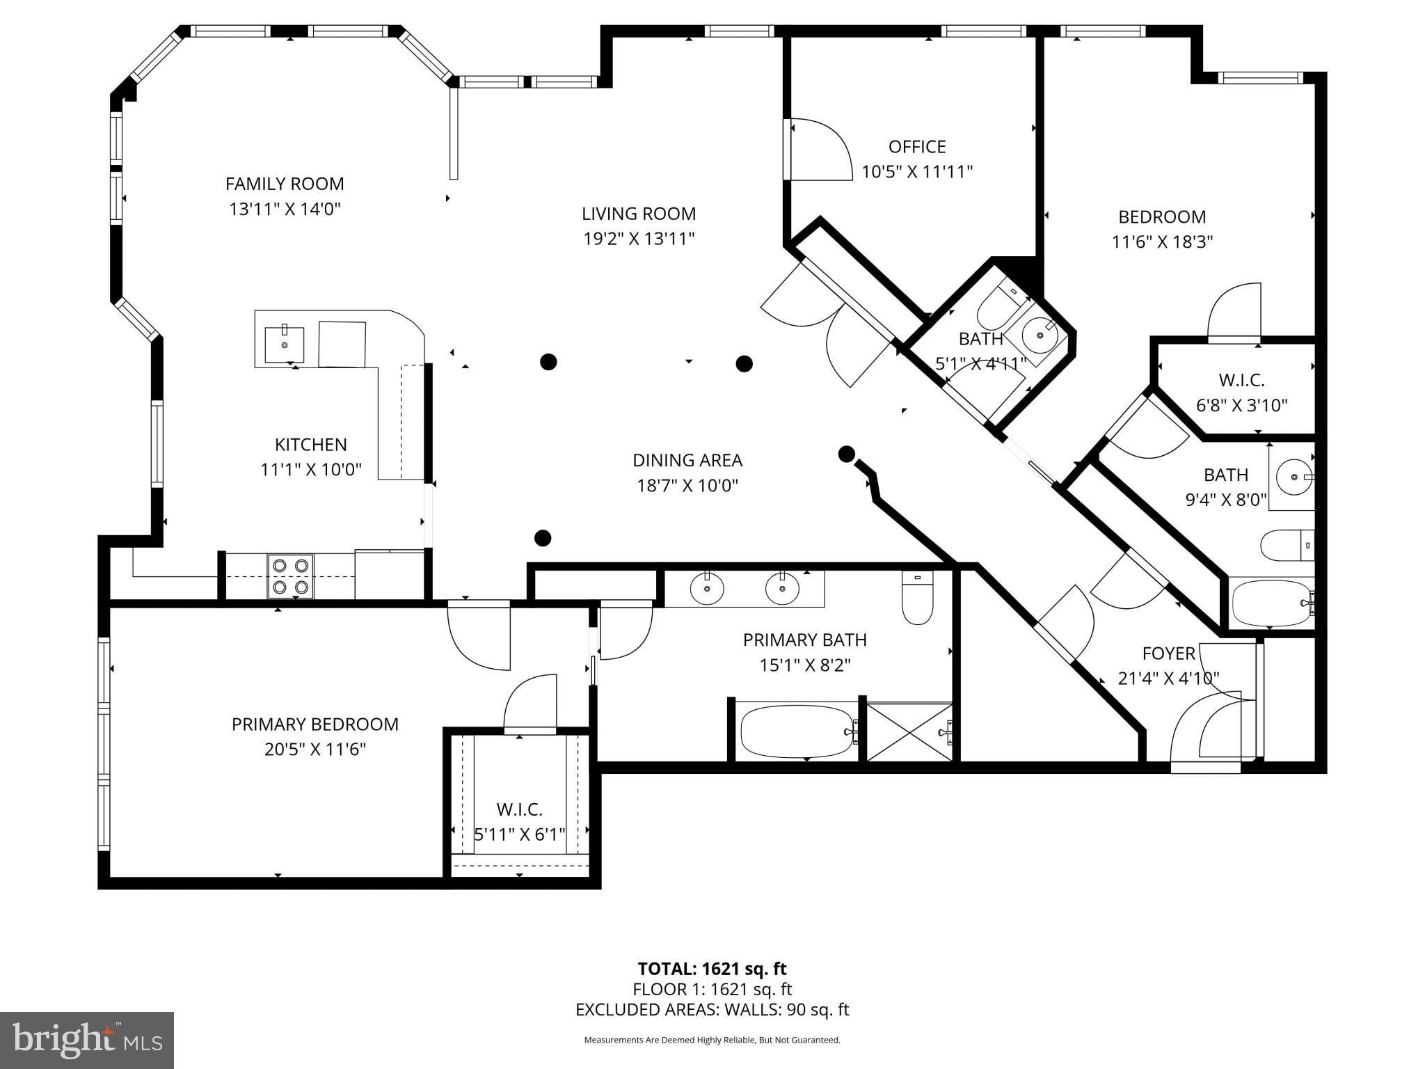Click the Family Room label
(x=285, y=184)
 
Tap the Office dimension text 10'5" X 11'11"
(x=916, y=172)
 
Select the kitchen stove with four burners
(x=291, y=577)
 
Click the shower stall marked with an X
(x=909, y=731)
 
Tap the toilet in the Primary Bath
(x=916, y=598)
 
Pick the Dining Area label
(x=687, y=460)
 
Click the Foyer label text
(x=1168, y=654)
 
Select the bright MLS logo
(x=86, y=1040)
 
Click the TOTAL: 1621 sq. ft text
(x=712, y=969)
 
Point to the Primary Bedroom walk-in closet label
(x=519, y=809)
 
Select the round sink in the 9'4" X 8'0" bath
(x=1293, y=477)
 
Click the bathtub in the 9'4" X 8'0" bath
(x=1271, y=603)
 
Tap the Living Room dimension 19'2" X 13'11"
(x=638, y=239)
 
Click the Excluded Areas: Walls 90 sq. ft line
(x=712, y=1010)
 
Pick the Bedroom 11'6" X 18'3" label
(x=1161, y=217)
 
